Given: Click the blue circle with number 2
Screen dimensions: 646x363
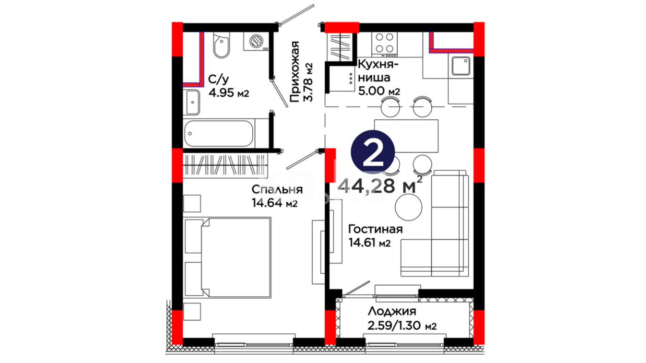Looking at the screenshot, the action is (x=372, y=151).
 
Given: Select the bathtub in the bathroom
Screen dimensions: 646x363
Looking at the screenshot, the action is (x=219, y=133).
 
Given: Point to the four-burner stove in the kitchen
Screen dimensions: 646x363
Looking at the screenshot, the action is (x=385, y=44).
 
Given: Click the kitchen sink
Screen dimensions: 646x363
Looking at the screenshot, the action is (x=461, y=66).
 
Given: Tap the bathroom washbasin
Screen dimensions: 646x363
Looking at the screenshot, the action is (x=192, y=102).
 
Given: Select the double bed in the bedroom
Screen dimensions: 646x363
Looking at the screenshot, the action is (x=228, y=257).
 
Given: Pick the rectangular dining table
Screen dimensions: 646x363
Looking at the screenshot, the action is (x=406, y=136).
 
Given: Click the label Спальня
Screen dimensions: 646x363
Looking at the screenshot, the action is (x=277, y=190).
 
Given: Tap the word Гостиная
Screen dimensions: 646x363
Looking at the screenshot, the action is (x=375, y=229).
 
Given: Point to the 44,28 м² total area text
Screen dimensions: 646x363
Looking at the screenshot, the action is (x=380, y=186).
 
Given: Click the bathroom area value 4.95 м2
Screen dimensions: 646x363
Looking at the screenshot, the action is (x=229, y=92).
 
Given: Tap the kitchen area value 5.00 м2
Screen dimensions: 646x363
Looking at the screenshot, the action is (x=379, y=91).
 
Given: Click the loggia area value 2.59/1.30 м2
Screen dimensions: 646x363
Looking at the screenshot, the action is (x=402, y=326).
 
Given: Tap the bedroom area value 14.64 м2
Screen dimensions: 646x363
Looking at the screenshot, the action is (x=275, y=203).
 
